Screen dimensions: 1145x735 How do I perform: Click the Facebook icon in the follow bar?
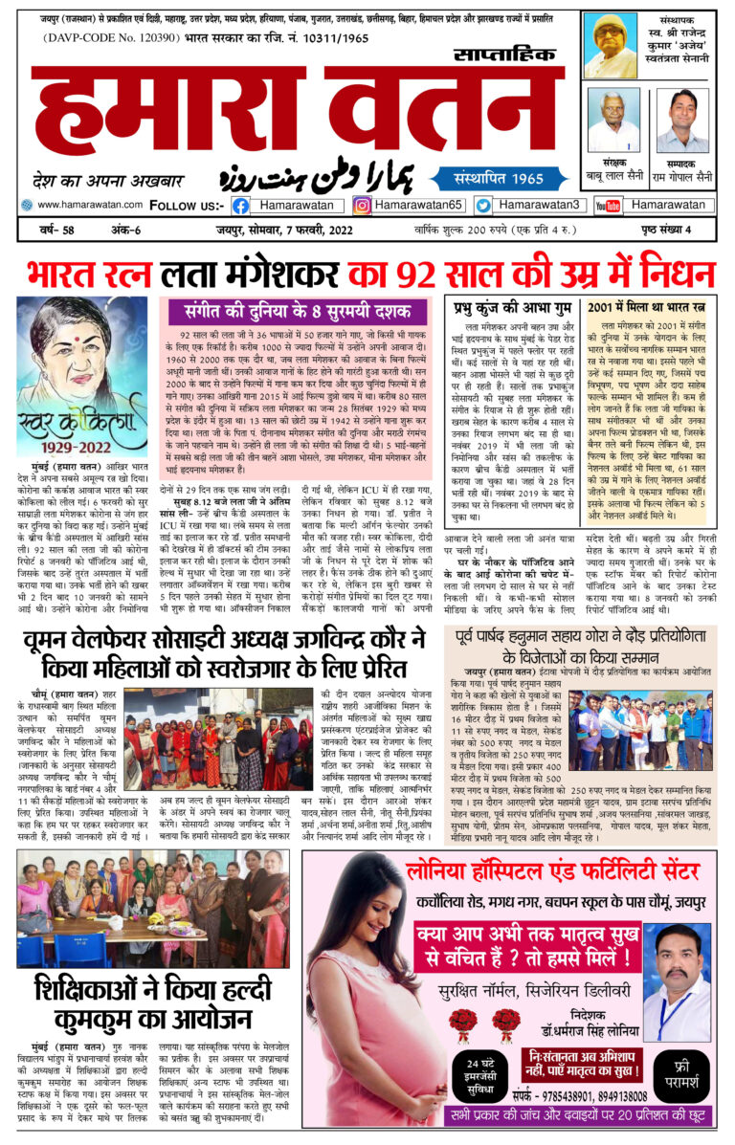click(240, 205)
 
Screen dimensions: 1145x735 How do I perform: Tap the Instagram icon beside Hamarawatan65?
click(362, 205)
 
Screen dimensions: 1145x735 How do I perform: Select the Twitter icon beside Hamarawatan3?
click(483, 205)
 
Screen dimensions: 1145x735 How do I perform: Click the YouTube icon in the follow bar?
click(608, 205)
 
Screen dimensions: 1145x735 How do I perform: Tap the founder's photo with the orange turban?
click(611, 45)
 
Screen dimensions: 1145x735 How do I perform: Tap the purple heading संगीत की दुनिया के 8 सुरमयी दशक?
click(297, 312)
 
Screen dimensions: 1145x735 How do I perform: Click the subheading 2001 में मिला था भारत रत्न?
click(646, 308)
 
